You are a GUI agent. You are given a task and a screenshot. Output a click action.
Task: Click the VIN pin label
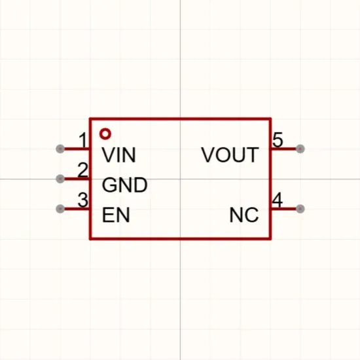click(118, 155)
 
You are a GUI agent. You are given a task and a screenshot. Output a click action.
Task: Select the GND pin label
click(124, 185)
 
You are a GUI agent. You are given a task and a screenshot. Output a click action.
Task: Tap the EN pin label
click(116, 215)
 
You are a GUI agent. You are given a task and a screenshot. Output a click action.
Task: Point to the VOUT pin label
click(230, 155)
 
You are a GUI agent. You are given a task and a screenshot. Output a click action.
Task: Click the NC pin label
click(244, 215)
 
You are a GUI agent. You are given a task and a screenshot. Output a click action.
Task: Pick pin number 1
click(83, 140)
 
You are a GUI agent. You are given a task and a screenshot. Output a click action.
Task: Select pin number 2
click(82, 170)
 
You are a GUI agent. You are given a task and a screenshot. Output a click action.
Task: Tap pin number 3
click(82, 200)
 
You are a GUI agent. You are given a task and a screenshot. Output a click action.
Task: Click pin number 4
click(277, 200)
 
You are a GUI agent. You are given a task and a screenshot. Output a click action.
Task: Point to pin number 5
click(278, 140)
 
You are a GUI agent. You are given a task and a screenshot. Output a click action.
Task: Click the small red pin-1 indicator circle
click(105, 134)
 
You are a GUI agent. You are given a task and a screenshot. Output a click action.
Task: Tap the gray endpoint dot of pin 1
click(60, 149)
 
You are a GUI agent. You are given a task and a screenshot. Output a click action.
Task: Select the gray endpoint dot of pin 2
click(60, 179)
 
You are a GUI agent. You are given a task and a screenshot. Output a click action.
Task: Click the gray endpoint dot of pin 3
click(60, 209)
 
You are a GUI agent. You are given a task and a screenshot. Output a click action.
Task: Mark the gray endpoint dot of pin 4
click(300, 209)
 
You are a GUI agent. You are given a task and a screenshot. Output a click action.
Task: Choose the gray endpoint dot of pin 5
click(300, 149)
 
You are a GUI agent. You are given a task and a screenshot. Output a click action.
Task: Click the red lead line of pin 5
click(284, 149)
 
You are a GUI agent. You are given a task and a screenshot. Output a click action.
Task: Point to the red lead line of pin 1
click(77, 149)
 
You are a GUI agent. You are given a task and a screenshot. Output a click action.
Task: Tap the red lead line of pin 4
click(284, 209)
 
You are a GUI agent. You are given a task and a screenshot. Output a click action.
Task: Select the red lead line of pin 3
click(77, 209)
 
